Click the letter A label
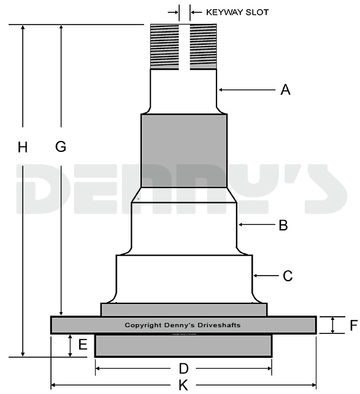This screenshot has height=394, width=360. click(x=285, y=90)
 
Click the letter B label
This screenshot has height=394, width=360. click(x=283, y=225)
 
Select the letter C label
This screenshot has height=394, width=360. click(x=288, y=276)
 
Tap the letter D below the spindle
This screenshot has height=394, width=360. click(x=183, y=369)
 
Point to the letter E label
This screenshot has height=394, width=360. click(x=83, y=345)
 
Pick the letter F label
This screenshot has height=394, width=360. click(x=353, y=325)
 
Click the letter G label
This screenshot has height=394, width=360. click(x=60, y=147)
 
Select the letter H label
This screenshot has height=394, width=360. click(x=23, y=147)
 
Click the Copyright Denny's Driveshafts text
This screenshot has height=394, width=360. click(x=183, y=325)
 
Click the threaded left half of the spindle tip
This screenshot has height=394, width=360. click(x=165, y=47)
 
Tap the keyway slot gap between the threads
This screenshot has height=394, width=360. click(x=184, y=47)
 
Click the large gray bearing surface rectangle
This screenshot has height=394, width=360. click(x=184, y=151)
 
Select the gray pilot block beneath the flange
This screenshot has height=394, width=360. click(x=183, y=346)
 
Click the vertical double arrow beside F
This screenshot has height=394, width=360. click(x=333, y=325)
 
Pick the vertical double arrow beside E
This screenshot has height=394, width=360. click(x=70, y=346)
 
